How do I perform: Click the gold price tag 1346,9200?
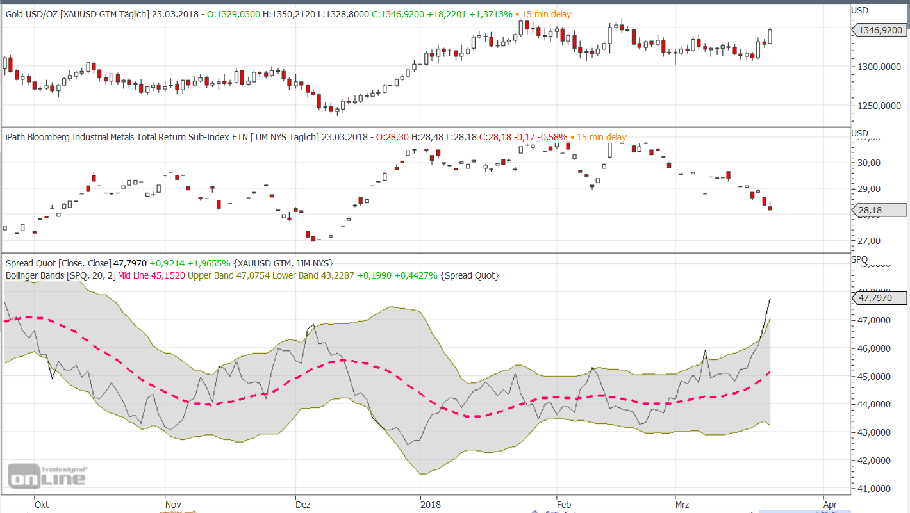pos(880,29)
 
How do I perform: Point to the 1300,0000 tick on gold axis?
pos(875,67)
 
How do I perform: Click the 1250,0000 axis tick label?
pos(875,106)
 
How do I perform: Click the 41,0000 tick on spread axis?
pos(875,489)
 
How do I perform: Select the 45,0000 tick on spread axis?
pos(875,377)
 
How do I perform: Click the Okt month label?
pos(42,505)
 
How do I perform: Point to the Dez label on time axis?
pos(303,505)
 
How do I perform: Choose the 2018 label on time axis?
pos(431,505)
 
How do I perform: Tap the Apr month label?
pos(829,505)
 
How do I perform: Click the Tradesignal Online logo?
pos(46,475)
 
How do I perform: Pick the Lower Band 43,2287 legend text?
pos(312,275)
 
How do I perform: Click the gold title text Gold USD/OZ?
pos(31,13)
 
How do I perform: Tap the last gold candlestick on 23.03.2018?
pos(770,36)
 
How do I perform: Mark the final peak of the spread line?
pos(770,298)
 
